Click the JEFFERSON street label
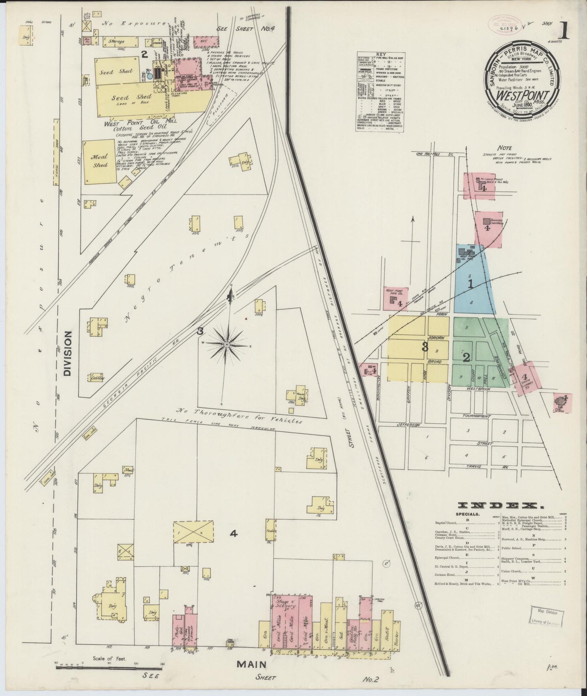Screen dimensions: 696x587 tap(408, 425)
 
